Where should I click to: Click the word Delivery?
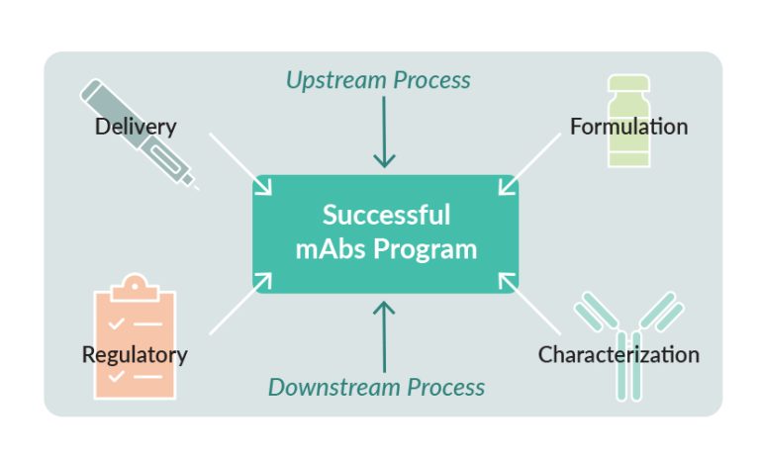[136, 127]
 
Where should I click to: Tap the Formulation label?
[628, 127]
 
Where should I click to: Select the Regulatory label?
[135, 354]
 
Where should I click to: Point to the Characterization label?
[618, 354]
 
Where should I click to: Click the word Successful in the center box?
[386, 215]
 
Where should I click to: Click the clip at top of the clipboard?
[135, 286]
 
